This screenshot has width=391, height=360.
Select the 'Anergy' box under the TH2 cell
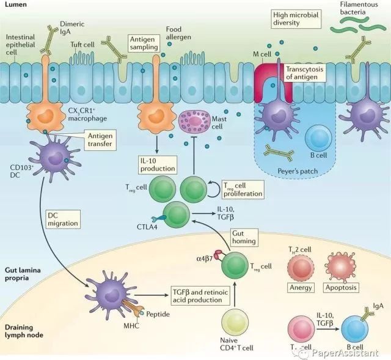tap(301, 287)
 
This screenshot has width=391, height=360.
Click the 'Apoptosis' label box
tap(341, 287)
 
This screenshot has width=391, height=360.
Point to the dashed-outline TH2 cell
tap(301, 265)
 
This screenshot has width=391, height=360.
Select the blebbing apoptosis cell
tap(342, 264)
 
